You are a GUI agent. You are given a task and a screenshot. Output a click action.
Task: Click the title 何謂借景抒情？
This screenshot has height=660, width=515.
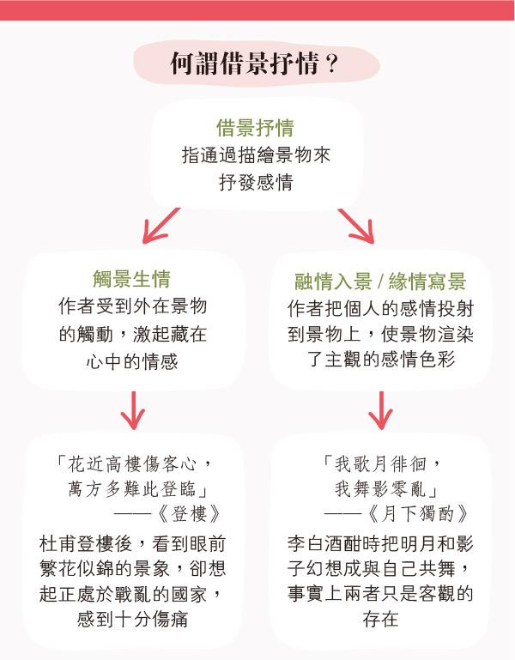[254, 64]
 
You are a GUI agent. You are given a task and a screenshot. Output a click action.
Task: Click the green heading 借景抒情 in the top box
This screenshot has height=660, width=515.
[255, 128]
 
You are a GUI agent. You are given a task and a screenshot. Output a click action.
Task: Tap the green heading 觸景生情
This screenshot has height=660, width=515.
[132, 279]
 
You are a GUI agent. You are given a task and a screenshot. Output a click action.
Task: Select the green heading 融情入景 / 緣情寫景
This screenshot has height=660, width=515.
[380, 282]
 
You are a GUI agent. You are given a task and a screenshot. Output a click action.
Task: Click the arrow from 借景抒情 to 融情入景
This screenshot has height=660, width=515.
[356, 226]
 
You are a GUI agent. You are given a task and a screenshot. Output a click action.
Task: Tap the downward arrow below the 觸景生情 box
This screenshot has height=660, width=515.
[133, 410]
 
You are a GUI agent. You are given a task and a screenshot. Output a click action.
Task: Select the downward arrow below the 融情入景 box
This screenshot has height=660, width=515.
[380, 410]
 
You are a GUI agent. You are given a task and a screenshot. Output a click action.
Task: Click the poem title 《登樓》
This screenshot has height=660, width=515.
[190, 513]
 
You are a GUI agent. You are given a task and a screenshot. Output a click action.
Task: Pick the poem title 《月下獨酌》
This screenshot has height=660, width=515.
[418, 513]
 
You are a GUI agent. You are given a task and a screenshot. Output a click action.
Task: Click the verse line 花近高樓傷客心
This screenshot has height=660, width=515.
[132, 464]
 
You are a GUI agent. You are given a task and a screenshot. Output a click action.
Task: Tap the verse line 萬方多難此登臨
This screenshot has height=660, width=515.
[132, 489]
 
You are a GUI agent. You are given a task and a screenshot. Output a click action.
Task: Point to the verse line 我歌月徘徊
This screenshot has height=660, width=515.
[380, 464]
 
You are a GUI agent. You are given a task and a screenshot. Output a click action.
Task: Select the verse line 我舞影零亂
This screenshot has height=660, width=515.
[380, 489]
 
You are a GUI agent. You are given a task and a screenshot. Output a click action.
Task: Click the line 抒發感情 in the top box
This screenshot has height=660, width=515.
[256, 183]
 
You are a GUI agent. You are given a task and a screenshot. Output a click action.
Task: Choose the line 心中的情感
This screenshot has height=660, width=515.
[132, 361]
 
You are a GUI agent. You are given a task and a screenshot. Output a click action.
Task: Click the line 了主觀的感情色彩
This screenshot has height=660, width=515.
[381, 359]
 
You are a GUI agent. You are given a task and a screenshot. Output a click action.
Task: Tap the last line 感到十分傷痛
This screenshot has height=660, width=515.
[132, 619]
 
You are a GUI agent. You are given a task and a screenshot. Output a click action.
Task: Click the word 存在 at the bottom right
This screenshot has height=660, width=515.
[380, 619]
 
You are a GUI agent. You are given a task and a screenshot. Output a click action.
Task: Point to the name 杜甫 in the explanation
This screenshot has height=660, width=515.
[58, 543]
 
